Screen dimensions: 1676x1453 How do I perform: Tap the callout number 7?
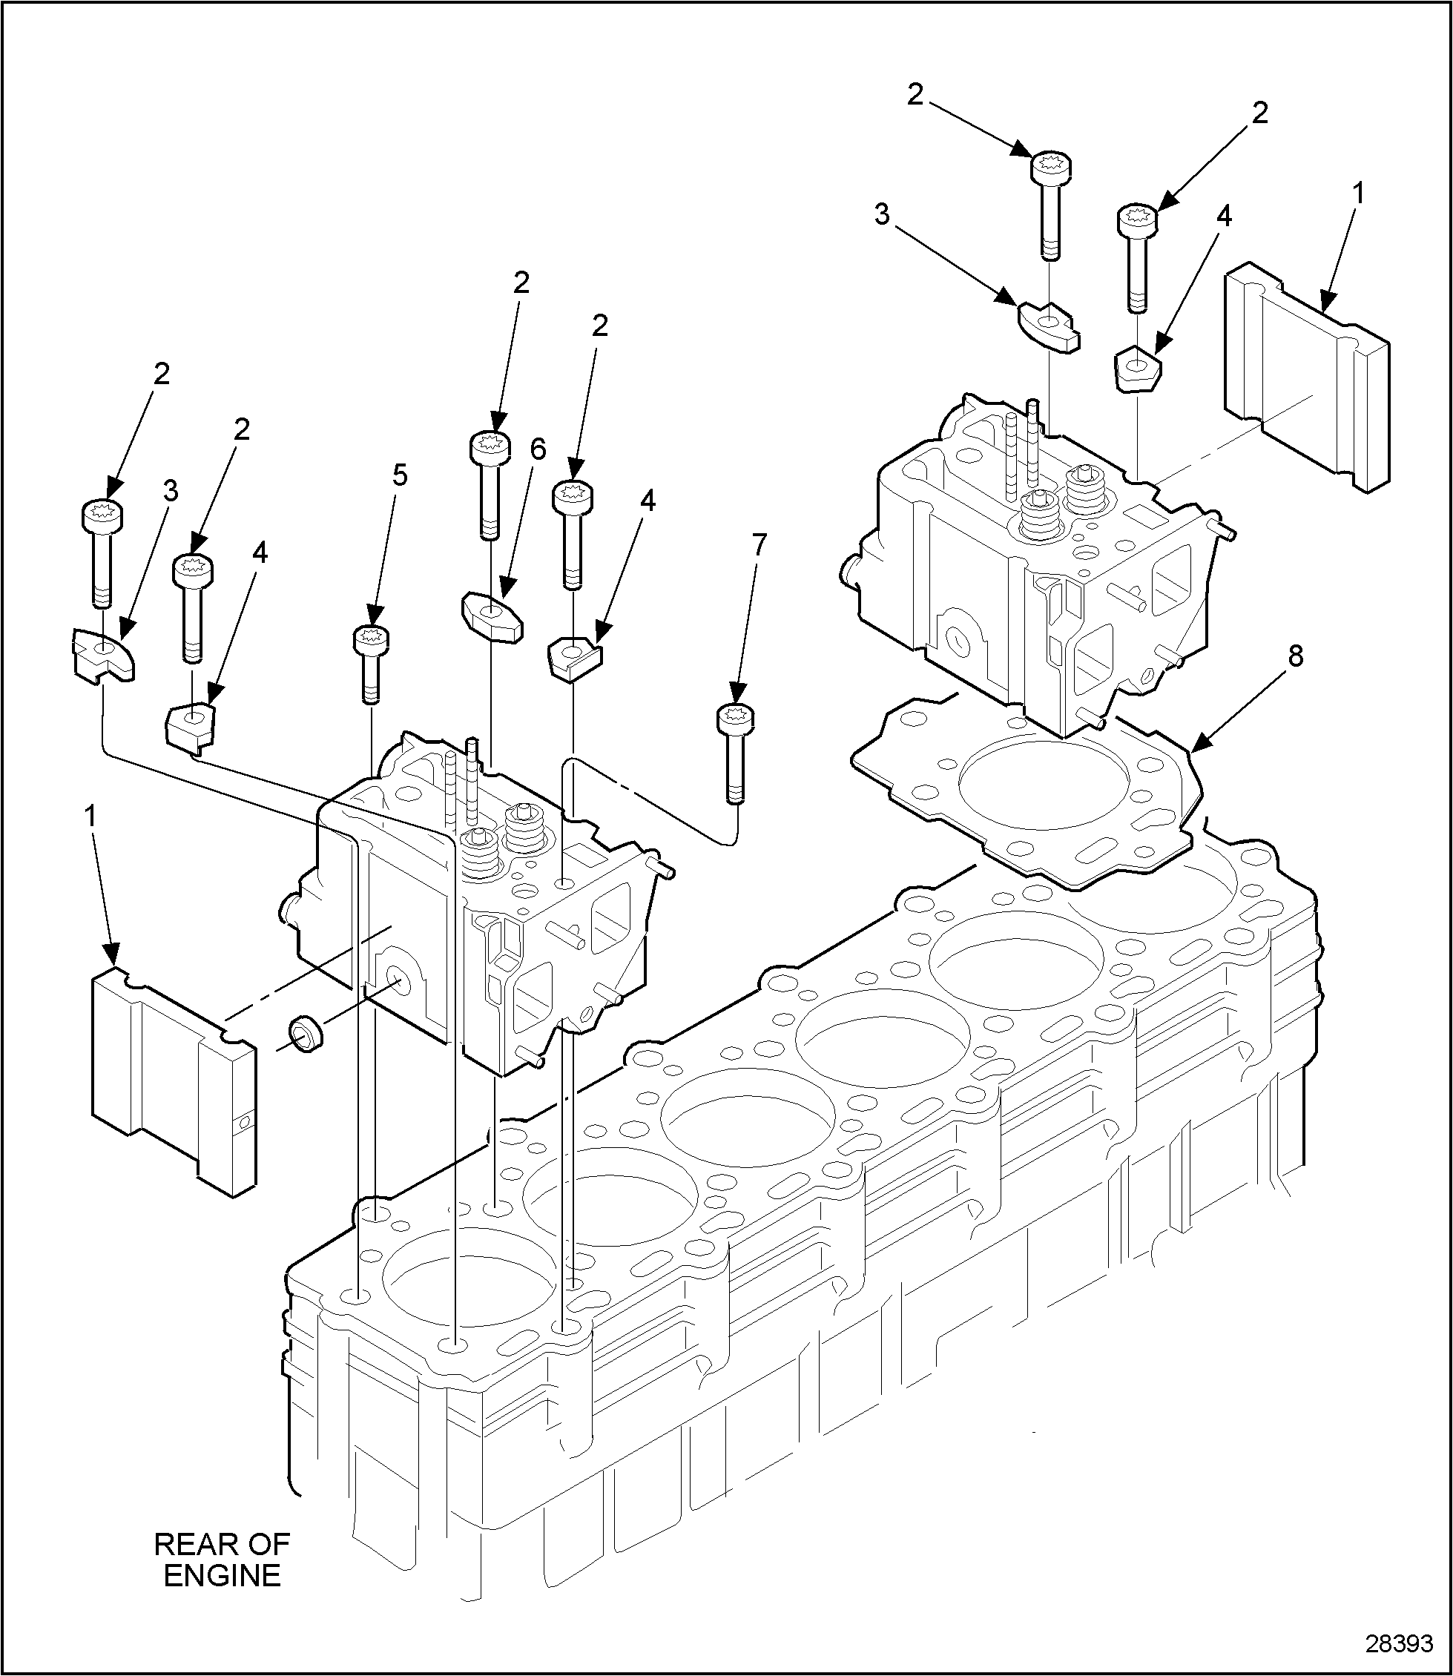758,546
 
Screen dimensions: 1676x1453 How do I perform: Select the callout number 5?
400,476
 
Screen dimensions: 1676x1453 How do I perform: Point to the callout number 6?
538,449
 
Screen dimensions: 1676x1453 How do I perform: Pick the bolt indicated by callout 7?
736,754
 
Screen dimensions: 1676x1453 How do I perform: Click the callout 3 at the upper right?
881,215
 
